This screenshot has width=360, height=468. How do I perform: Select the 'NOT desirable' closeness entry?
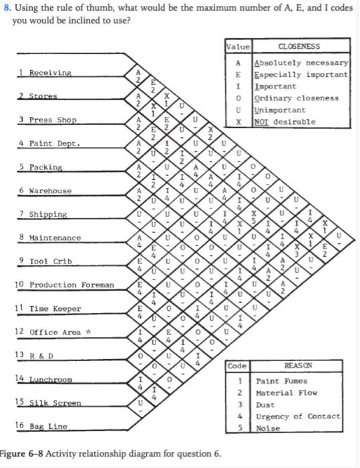click(285, 122)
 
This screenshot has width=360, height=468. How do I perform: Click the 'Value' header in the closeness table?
click(238, 47)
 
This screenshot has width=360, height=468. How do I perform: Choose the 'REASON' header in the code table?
click(297, 366)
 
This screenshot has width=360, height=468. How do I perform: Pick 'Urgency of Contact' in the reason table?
click(298, 417)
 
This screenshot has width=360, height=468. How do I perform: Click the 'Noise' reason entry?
click(268, 429)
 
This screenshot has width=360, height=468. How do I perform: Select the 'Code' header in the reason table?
click(237, 366)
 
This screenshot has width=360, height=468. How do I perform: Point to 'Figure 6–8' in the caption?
click(23, 454)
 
